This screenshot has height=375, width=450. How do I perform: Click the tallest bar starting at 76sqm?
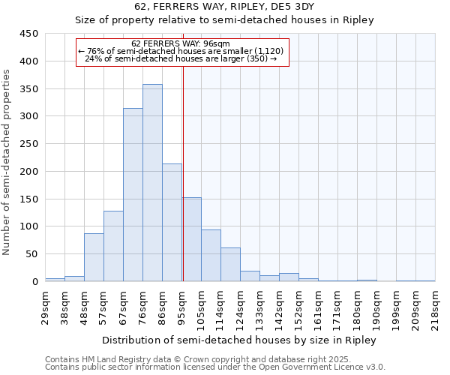point(152,183)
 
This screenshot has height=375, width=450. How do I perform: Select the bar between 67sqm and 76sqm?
point(133,195)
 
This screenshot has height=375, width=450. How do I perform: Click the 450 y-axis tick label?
point(29,34)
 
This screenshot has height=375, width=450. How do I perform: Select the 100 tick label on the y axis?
point(29,226)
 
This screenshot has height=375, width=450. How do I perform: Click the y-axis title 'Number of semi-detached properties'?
point(7,162)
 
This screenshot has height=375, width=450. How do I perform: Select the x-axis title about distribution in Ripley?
point(238,340)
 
